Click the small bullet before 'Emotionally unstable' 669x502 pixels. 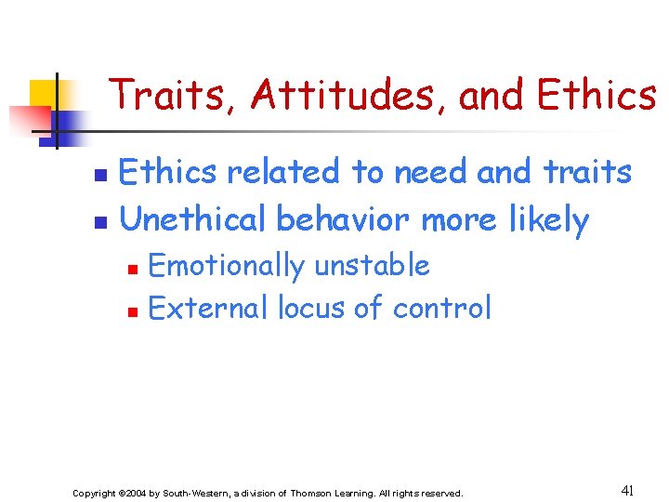pos(133,269)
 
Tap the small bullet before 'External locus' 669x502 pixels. pos(133,310)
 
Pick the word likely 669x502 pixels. pos(549,221)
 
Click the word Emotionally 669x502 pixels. pos(226,267)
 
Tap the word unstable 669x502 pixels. pos(372,266)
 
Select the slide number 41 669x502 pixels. pos(627,490)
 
